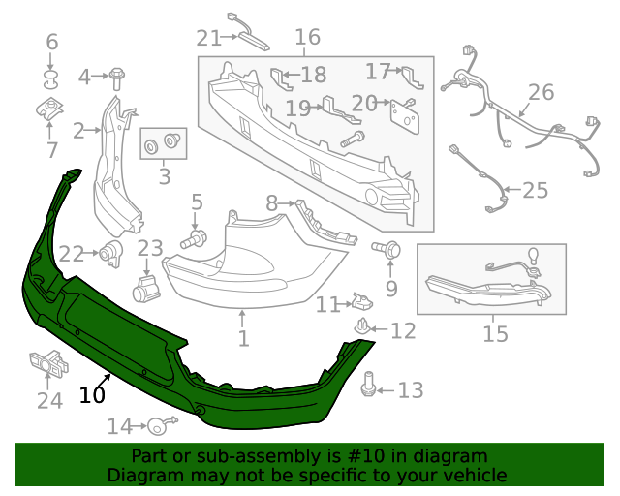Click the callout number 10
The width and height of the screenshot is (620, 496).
tap(92, 394)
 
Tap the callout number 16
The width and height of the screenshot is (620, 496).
tap(306, 38)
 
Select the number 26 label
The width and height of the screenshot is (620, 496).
tap(541, 92)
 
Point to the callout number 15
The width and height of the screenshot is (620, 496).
tap(495, 334)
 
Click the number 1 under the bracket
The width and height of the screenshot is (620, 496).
tap(243, 339)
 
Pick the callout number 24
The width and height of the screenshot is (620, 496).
tap(49, 400)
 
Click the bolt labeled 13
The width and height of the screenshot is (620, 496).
tap(369, 385)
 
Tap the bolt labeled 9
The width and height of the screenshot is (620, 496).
tap(389, 250)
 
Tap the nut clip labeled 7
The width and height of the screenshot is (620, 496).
tap(49, 109)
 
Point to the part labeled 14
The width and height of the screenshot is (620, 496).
tap(160, 424)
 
